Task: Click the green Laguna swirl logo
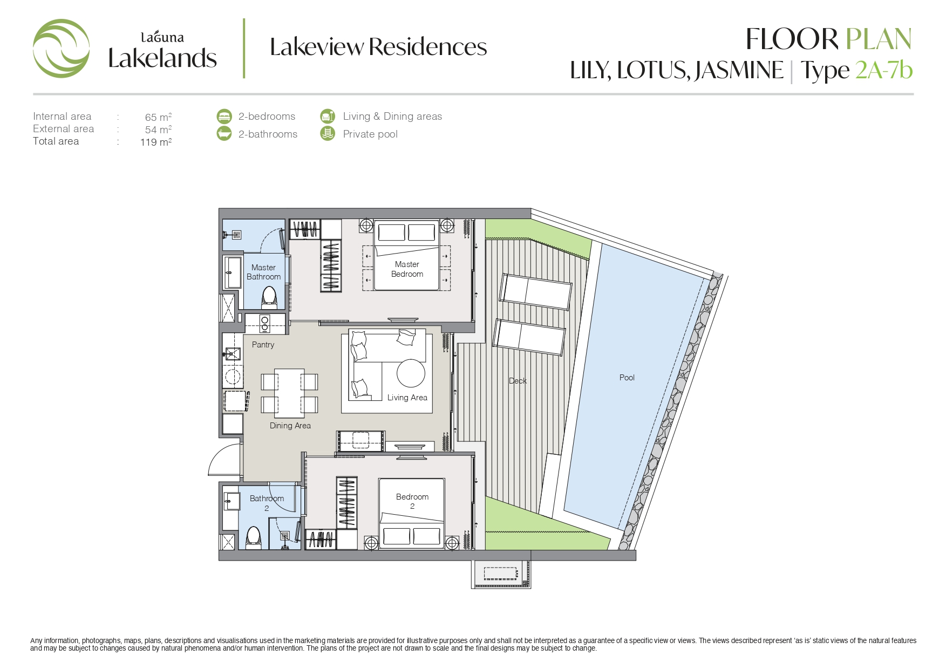tap(61, 49)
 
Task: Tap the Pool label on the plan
tap(627, 378)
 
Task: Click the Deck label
tap(518, 381)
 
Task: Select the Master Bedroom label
tap(407, 269)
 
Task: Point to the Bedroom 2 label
tap(412, 501)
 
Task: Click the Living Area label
tap(407, 398)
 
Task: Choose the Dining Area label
tap(290, 426)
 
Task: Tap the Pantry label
tap(263, 345)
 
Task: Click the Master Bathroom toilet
tap(269, 297)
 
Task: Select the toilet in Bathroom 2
tap(253, 538)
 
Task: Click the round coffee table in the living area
tap(411, 373)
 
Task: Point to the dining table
tap(289, 393)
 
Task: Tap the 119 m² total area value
tap(156, 142)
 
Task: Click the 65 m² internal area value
tap(158, 117)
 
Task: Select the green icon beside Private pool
tap(328, 133)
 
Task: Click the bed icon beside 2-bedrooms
tap(224, 116)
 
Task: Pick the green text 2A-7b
tap(883, 71)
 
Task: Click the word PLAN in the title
tap(879, 39)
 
